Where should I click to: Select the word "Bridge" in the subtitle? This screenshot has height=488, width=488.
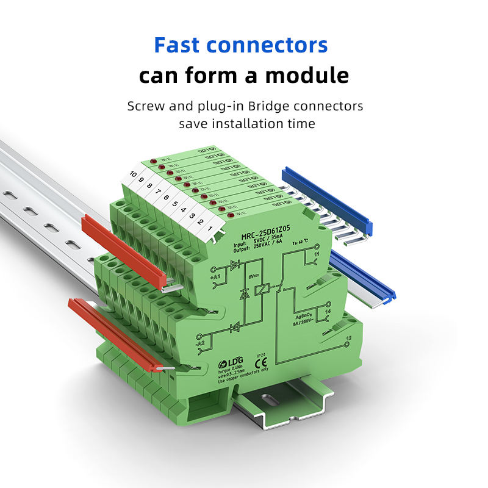pyautogui.click(x=284, y=106)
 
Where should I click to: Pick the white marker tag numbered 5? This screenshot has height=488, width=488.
pyautogui.click(x=175, y=203)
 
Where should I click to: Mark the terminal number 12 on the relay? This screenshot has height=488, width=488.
pyautogui.click(x=348, y=338)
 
